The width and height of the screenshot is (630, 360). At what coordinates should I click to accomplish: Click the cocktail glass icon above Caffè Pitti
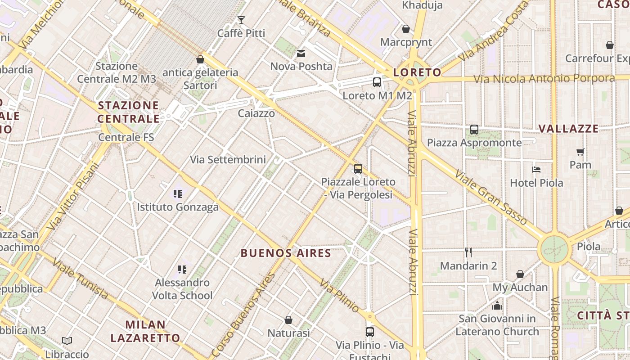(x=241, y=20)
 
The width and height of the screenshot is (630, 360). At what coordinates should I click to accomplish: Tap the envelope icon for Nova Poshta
(x=301, y=54)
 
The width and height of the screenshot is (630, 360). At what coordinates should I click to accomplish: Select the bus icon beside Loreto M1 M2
(x=377, y=82)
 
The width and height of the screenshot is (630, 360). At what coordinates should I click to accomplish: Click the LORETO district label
(x=417, y=72)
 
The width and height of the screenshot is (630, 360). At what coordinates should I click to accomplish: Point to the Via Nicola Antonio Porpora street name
(x=544, y=78)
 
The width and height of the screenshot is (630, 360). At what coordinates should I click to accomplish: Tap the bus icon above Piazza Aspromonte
(x=474, y=130)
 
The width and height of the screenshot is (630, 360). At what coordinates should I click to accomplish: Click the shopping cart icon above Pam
(x=580, y=152)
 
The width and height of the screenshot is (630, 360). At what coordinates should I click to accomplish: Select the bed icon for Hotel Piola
(x=536, y=170)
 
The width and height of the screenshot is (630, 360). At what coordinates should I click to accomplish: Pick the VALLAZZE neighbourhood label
(x=568, y=129)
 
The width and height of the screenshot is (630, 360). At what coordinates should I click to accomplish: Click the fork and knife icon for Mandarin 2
(x=468, y=252)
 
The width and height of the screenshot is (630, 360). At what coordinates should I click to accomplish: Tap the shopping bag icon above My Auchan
(x=520, y=274)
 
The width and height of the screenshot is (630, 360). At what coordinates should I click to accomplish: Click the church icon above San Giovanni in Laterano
(x=497, y=306)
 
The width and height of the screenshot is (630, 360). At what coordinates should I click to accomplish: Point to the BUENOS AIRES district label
(x=286, y=253)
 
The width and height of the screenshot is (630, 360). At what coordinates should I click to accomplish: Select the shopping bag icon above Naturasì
(x=288, y=320)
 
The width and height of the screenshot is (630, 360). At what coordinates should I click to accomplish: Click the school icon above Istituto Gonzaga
(x=178, y=194)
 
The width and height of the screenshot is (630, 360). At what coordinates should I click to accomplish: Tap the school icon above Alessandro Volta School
(x=182, y=270)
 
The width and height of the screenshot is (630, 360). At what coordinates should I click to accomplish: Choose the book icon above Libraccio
(x=67, y=341)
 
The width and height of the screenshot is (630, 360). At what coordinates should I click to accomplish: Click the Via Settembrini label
(x=228, y=160)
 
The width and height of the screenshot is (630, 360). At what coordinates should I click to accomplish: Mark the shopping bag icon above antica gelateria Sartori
(x=200, y=59)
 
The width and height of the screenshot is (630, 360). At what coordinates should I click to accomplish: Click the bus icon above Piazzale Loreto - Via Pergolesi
(x=358, y=169)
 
